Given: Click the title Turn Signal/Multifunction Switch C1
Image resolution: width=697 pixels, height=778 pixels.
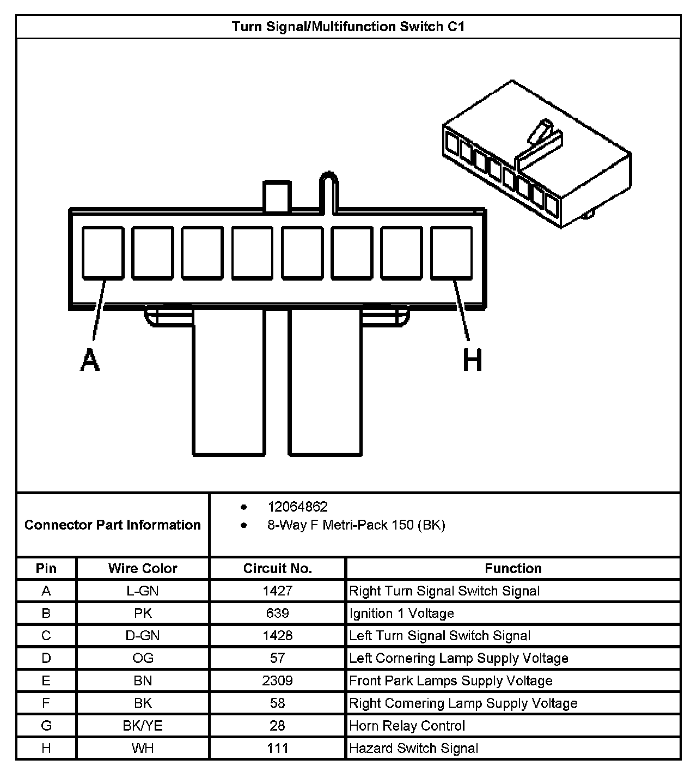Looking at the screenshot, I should pos(348,27).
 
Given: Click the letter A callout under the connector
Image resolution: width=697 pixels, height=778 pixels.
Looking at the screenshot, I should pos(90,360).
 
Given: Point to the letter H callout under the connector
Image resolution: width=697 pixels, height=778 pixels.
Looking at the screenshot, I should pos(472,361).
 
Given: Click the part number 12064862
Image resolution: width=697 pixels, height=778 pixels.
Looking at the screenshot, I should pos(297,507).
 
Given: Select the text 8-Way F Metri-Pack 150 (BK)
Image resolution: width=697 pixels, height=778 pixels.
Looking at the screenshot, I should pos(356,525).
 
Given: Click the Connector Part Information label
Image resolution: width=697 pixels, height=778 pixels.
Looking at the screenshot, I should pos(113,525).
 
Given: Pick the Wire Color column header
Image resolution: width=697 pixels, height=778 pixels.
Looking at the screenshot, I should pos(143,568).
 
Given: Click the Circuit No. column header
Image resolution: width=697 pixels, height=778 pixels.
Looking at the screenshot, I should pos(277,568).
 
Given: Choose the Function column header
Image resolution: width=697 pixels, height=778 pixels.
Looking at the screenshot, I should pos(513,568).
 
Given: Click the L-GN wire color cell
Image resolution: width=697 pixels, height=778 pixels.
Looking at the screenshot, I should pos(143,591).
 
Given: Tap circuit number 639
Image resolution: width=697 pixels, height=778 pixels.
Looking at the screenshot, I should pos(277,613).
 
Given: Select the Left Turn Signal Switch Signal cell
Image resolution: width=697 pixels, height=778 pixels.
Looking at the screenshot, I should pos(439,636).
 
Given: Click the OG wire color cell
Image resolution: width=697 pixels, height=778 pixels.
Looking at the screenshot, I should pos(143,658).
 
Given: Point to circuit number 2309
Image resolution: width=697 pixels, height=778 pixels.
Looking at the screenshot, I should pos(277,681).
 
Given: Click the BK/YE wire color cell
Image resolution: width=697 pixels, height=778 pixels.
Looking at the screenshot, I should pos(143,726).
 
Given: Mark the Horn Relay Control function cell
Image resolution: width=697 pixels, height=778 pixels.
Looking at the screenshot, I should pos(407,726).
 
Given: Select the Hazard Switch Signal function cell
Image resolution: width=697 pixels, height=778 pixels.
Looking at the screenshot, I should pos(413,748).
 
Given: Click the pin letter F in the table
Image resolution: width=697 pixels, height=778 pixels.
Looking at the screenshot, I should pos(46,703).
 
